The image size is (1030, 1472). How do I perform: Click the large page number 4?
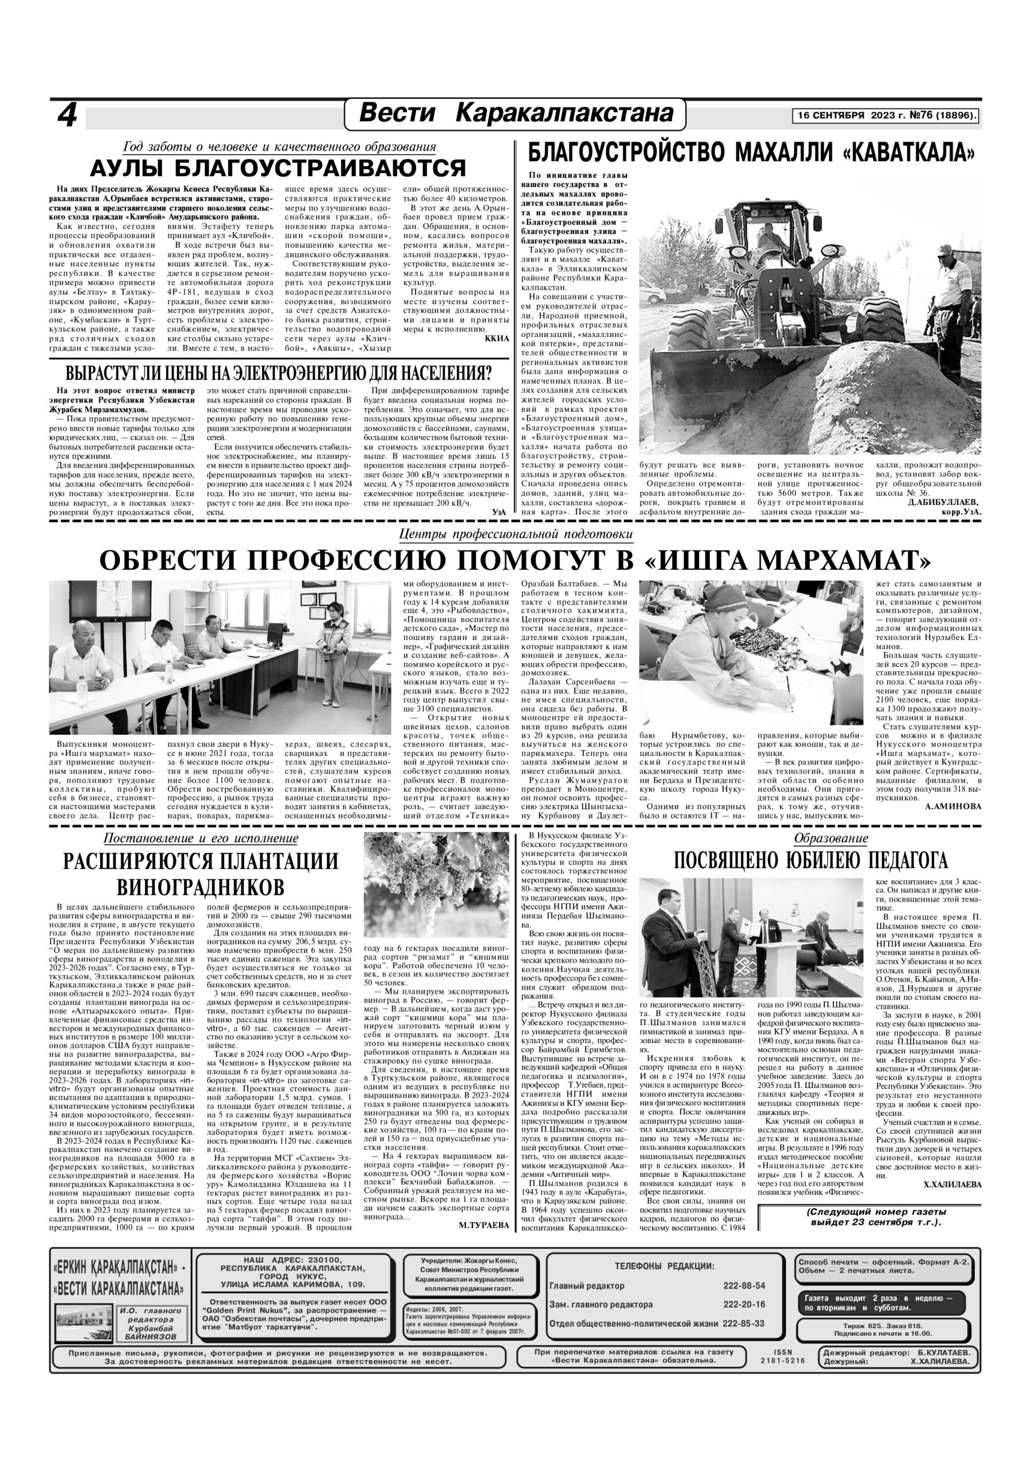pyautogui.click(x=67, y=116)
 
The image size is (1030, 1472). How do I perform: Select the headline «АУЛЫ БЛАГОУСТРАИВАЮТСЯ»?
pyautogui.click(x=278, y=168)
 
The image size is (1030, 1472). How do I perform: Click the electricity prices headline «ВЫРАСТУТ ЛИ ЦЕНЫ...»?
pyautogui.click(x=278, y=374)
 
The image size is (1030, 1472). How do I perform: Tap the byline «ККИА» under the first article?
pyautogui.click(x=496, y=338)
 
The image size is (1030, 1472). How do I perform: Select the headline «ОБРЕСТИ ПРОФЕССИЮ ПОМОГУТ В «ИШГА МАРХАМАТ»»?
pyautogui.click(x=514, y=561)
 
